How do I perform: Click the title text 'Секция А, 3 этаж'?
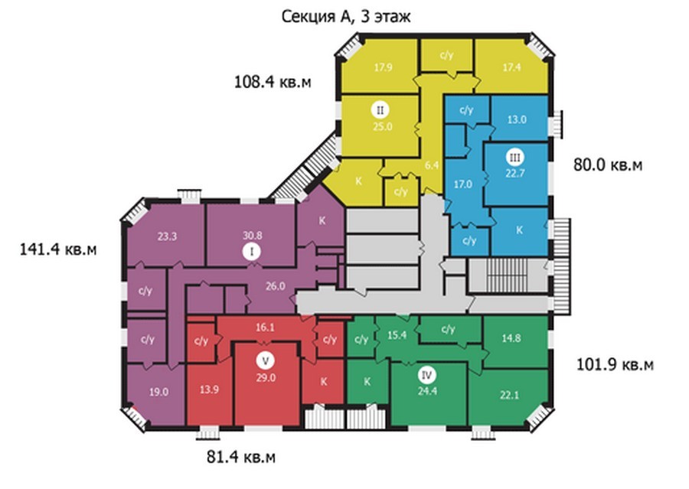(x=346, y=17)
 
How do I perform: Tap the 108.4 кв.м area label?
(x=273, y=82)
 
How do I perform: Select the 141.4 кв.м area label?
(x=58, y=249)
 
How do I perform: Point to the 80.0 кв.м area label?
(x=608, y=165)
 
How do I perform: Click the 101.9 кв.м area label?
(x=615, y=364)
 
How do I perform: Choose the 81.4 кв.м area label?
(x=241, y=457)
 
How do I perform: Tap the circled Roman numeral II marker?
(x=380, y=110)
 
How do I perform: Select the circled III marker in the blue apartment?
(x=515, y=158)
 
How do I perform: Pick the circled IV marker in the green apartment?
(x=426, y=375)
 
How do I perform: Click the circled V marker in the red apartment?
(x=265, y=361)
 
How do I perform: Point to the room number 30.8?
(x=252, y=236)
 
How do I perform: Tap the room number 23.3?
(x=167, y=236)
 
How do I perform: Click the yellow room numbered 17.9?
(x=384, y=67)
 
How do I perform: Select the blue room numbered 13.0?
(x=517, y=119)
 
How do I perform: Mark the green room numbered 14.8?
(x=511, y=338)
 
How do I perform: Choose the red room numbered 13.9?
(x=209, y=390)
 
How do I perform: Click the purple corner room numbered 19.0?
(x=158, y=392)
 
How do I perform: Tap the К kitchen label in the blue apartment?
(x=519, y=230)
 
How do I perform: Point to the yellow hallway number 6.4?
(x=432, y=165)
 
